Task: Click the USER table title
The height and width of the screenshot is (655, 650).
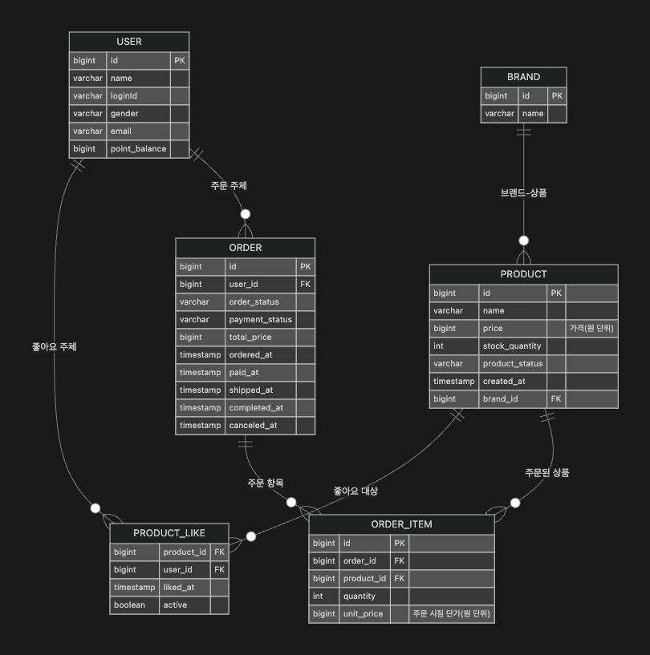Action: [x=128, y=42]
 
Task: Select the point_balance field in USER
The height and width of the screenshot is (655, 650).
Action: [x=138, y=149]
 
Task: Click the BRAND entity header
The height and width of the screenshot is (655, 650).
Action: [x=523, y=77]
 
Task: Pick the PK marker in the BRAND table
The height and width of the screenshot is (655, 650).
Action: [x=557, y=96]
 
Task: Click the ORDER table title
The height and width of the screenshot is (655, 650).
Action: [x=245, y=248]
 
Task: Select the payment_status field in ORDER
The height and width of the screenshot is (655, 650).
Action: [x=260, y=320]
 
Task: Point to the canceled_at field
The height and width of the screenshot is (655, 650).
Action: [x=253, y=426]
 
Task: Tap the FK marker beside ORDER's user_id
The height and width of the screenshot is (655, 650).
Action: [x=305, y=285]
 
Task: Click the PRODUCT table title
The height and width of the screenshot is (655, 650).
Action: [x=523, y=274]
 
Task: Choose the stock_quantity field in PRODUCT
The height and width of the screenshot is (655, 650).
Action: [x=512, y=346]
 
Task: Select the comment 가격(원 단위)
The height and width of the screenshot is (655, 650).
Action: [x=592, y=329]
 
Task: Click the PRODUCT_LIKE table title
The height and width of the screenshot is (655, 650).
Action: [x=169, y=533]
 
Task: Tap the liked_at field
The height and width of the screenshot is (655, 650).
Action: [x=178, y=588]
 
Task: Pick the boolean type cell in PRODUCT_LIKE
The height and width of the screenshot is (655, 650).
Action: [x=129, y=605]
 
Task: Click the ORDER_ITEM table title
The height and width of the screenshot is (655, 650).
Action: [x=401, y=524]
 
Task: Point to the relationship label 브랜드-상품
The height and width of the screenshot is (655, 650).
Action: [x=523, y=193]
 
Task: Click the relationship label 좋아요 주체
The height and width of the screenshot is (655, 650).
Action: [x=54, y=347]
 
